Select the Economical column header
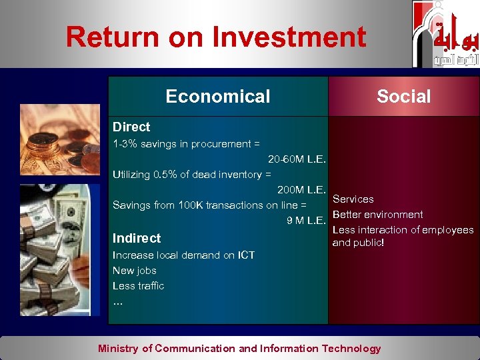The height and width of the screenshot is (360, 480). tap(218, 97)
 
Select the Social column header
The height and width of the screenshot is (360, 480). tap(403, 97)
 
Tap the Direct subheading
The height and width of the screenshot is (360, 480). tap(131, 127)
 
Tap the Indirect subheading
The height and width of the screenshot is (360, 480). tap(137, 238)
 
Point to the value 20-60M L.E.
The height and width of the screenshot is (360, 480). tap(297, 159)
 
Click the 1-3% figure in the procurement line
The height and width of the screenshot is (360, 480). tap(126, 144)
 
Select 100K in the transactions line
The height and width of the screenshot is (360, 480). tap(191, 205)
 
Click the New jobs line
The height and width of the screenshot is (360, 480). tap(135, 270)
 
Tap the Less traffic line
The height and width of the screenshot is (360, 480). tap(138, 285)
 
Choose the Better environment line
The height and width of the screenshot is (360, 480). tap(377, 215)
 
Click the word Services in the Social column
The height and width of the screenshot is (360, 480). tap(353, 199)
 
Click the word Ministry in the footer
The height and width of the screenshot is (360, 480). tap(118, 348)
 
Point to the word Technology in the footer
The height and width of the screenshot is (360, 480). tap(351, 348)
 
